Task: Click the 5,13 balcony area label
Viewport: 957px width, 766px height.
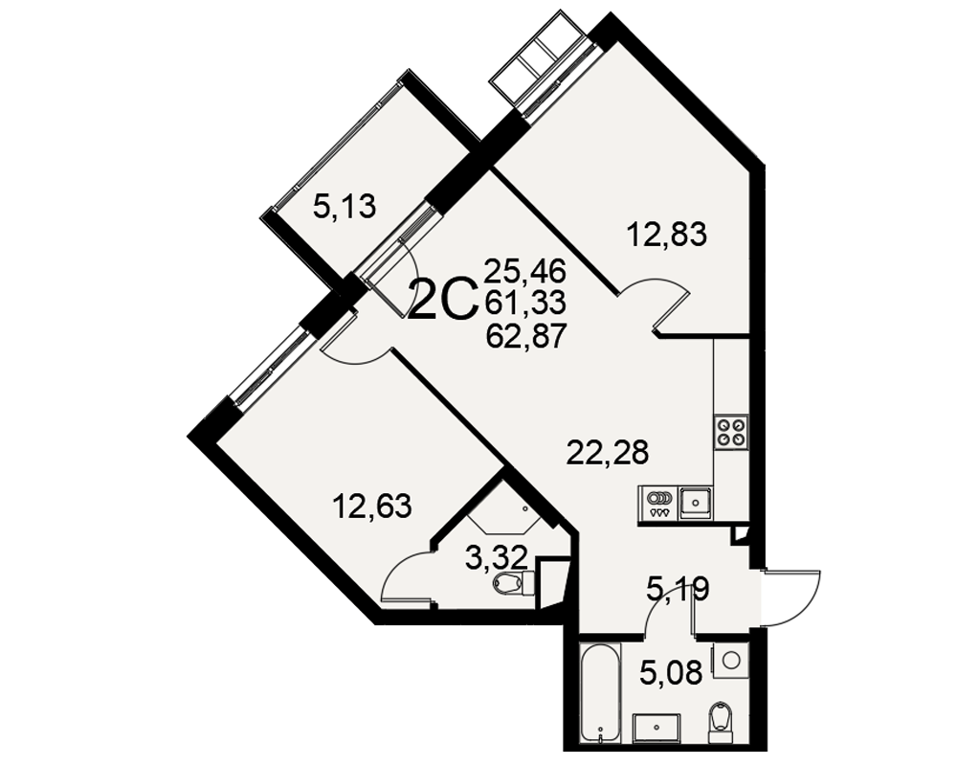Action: pos(345,206)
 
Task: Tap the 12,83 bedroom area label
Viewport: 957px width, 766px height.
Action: pos(668,234)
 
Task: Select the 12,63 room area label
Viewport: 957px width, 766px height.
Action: pos(371,506)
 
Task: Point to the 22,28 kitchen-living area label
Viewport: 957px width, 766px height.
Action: pos(608,453)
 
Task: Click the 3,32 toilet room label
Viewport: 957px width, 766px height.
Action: pos(496,557)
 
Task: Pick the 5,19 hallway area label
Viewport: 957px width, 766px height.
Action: pos(678,590)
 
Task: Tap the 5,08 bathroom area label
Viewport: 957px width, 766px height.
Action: pos(671,673)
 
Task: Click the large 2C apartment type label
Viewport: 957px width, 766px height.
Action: pos(442,300)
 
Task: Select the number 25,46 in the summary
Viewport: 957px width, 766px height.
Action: pos(525,270)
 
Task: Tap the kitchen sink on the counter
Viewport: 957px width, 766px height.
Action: pos(696,502)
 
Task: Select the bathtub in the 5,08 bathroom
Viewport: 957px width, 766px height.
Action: pos(600,692)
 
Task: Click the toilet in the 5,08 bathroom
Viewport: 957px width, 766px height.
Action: pos(722,723)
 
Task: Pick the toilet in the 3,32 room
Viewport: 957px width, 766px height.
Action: pos(513,583)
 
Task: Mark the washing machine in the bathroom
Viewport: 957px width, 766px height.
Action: pos(731,659)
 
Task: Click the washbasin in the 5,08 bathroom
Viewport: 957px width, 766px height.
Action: pos(657,729)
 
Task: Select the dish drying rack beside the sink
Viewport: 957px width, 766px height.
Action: pos(658,502)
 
